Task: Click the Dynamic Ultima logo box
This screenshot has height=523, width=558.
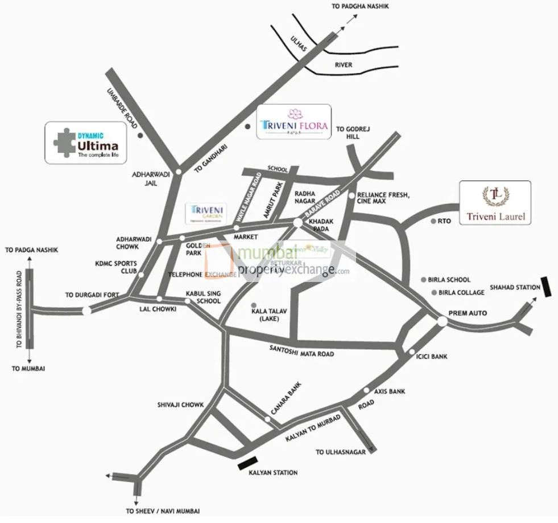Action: pos(86,143)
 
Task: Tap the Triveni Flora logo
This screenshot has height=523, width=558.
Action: pos(294,122)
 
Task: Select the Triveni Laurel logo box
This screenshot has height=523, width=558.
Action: pos(495,203)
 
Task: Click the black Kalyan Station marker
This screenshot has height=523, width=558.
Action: pos(248,464)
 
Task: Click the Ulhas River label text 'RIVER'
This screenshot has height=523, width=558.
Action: pos(343,65)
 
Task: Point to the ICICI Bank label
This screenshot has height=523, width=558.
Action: pos(432,357)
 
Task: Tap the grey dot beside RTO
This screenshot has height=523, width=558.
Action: pos(433,221)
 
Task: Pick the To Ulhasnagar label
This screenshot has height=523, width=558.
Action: pos(340,452)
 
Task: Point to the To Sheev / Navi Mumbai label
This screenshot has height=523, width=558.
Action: pos(163,511)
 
